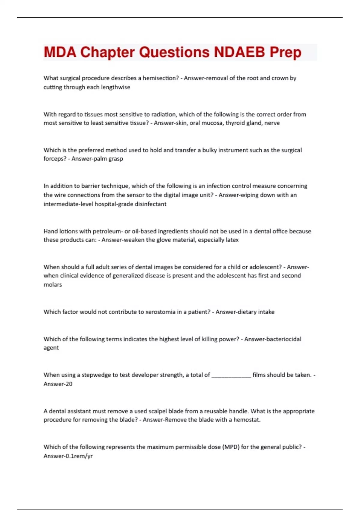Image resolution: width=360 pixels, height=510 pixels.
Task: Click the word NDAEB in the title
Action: tap(239, 52)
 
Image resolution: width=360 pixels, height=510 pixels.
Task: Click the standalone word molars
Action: tap(53, 285)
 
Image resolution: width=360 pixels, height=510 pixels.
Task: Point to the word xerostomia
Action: tap(160, 312)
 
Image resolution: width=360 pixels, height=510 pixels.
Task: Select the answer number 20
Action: tap(69, 384)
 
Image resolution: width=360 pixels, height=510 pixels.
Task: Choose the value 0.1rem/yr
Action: tap(79, 456)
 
